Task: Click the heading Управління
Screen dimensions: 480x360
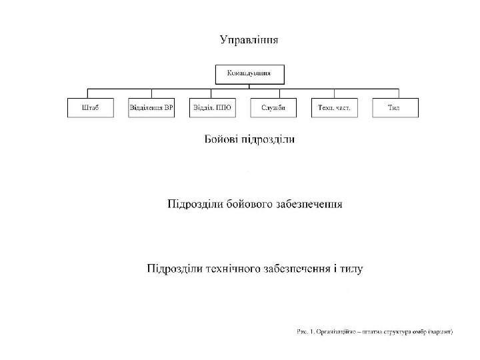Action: [249, 39]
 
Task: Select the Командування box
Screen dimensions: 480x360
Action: [249, 73]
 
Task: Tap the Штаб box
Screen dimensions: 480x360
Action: [90, 108]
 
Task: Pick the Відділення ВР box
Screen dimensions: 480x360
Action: [151, 108]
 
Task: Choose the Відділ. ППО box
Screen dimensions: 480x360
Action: [212, 108]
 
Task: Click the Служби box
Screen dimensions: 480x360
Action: [273, 108]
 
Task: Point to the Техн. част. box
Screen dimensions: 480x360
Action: [334, 108]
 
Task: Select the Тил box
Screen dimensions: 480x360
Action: [395, 108]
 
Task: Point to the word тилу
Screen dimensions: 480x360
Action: [350, 269]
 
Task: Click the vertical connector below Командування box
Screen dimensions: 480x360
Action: [249, 85]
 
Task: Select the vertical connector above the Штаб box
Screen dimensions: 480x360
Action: [90, 93]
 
